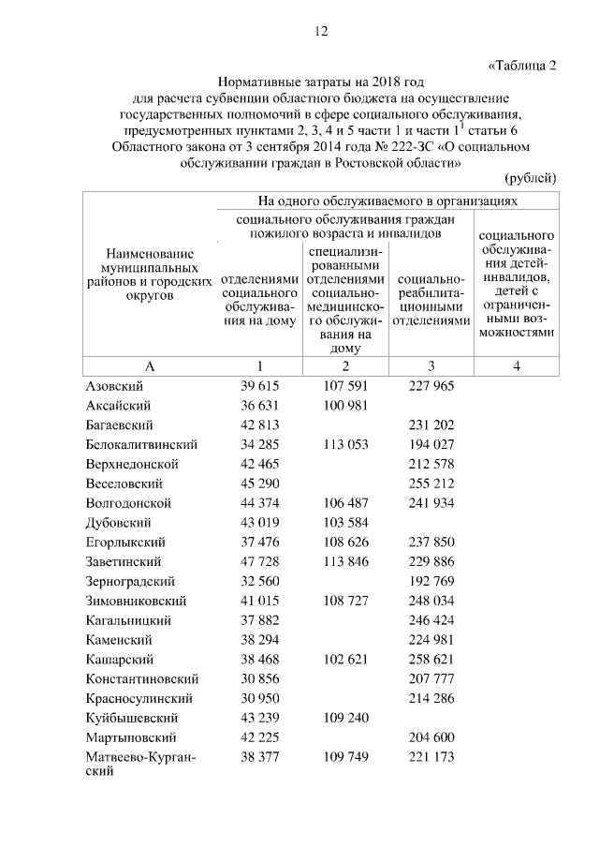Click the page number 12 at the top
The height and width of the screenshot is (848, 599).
[x=321, y=31]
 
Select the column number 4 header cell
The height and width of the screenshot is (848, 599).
[x=516, y=366]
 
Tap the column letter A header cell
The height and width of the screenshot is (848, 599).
[x=150, y=366]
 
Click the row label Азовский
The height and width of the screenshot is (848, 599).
[x=114, y=386]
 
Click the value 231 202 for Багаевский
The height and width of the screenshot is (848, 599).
[x=431, y=425]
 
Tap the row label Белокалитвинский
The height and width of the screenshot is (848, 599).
[x=139, y=445]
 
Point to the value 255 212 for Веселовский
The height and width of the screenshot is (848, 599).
[x=431, y=484]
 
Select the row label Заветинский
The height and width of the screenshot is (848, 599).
[x=123, y=561]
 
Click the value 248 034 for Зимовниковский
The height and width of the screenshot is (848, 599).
[x=431, y=601]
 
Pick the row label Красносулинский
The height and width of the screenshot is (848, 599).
[x=139, y=698]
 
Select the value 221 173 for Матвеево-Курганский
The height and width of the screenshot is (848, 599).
[x=431, y=756]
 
